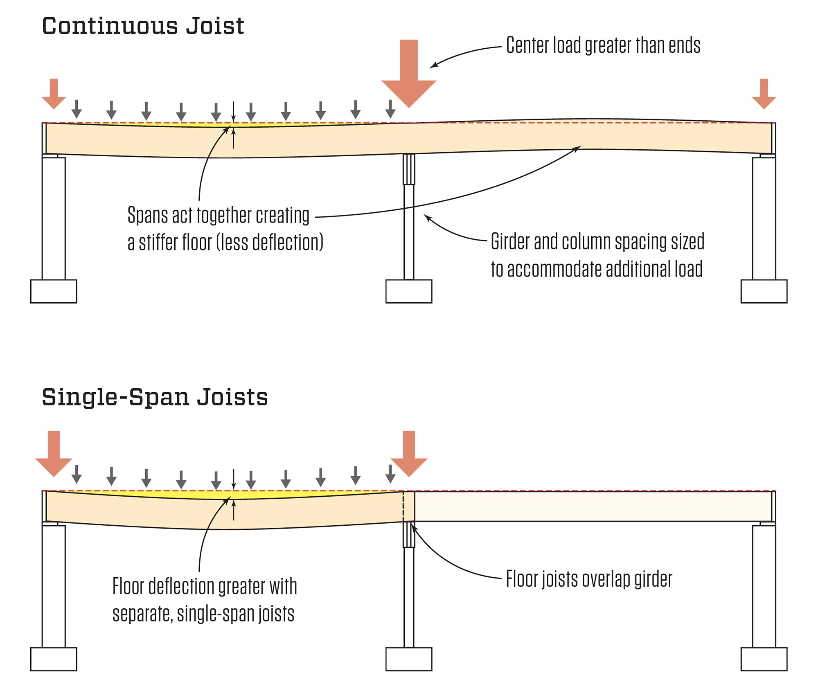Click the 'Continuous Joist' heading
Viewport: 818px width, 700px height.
[x=143, y=26]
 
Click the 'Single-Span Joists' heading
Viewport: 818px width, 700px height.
[x=155, y=397]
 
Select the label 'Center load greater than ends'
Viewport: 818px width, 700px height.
[x=603, y=45]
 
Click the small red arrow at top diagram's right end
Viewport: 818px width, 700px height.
[x=764, y=94]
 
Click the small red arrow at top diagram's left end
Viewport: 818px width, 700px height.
[x=54, y=94]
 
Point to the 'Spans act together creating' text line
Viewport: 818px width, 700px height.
[x=218, y=215]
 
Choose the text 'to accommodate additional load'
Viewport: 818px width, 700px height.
[x=597, y=269]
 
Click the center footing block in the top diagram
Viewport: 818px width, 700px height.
[x=408, y=291]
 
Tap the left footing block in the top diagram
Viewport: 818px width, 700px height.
[x=54, y=291]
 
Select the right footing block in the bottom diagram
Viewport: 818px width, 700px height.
[x=764, y=659]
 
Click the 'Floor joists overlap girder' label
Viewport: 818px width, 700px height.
[x=589, y=579]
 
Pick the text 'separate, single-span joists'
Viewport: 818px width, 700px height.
[x=203, y=614]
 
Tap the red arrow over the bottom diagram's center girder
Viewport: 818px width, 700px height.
[x=409, y=454]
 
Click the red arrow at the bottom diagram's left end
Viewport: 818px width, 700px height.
[x=54, y=454]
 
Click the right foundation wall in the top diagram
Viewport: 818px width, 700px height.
[x=764, y=219]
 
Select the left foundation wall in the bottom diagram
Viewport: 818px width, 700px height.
[x=54, y=586]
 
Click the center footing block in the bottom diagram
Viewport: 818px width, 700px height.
[x=408, y=659]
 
